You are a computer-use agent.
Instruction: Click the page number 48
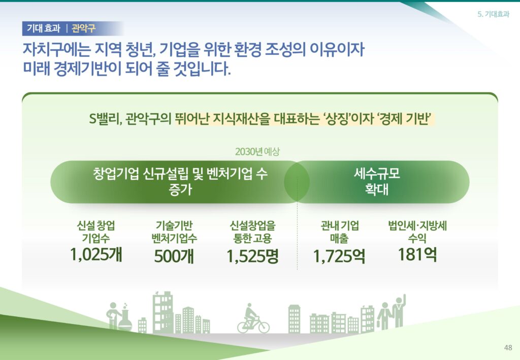[508, 347]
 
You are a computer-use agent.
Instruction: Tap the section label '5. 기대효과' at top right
[493, 14]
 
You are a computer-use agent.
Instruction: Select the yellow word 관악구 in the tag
[84, 28]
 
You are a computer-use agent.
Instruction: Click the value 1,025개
[96, 254]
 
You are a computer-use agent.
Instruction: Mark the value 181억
[417, 254]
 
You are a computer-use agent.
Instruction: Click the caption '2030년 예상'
[257, 151]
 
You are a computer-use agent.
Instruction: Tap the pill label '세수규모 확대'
[377, 182]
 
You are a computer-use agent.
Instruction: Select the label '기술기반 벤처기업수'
[174, 232]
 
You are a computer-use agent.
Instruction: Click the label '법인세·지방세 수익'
[417, 232]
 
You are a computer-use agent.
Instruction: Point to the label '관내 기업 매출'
[339, 232]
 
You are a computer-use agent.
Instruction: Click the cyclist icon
[253, 318]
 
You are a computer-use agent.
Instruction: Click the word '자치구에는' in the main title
[56, 49]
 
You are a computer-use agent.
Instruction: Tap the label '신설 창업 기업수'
[96, 232]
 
